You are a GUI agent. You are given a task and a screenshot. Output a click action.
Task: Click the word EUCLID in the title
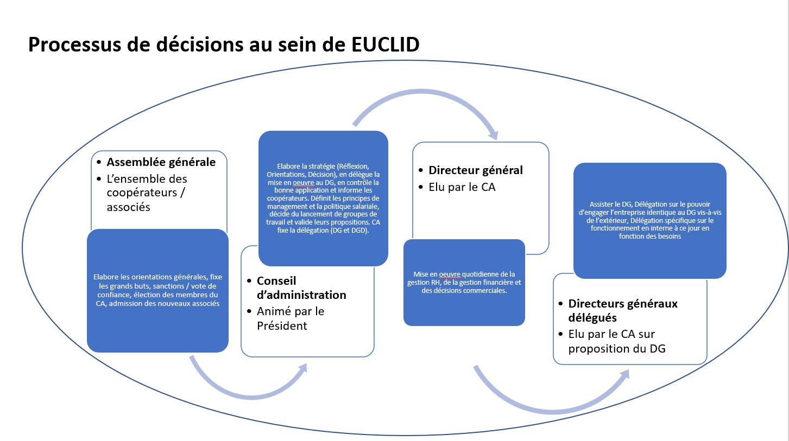coord(385,44)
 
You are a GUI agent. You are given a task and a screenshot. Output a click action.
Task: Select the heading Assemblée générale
coord(161,162)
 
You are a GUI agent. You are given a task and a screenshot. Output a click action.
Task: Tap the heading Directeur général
coord(476,170)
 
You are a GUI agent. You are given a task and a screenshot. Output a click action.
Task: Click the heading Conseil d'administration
coord(301,287)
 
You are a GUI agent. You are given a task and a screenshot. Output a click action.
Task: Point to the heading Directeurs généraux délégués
coord(623,310)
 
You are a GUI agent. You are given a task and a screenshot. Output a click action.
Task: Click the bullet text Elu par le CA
coord(462,187)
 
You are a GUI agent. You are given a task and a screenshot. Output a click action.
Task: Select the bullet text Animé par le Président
coord(291,318)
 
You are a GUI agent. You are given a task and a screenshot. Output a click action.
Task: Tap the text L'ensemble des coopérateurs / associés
coord(147,193)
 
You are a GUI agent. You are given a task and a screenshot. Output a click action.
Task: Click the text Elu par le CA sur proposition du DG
coord(617,341)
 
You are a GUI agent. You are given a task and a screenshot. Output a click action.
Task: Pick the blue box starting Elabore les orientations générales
coord(158,291)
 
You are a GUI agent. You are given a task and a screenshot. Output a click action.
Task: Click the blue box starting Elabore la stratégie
coord(323,198)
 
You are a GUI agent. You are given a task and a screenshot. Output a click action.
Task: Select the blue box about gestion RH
coord(464,282)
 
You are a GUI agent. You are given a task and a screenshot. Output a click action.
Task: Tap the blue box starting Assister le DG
coord(650,220)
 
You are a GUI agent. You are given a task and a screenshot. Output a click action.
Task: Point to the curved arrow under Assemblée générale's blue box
coord(251,397)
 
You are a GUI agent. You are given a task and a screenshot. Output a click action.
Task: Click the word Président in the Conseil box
coord(282,325)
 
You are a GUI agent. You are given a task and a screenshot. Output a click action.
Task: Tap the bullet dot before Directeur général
coord(421,170)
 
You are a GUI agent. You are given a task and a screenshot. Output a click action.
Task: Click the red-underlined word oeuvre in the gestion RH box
coord(450,274)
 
